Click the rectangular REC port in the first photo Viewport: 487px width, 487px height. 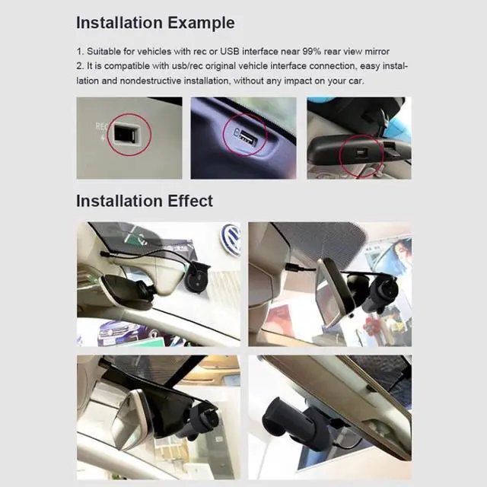[123, 135]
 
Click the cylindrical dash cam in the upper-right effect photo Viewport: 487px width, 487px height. [382, 294]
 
